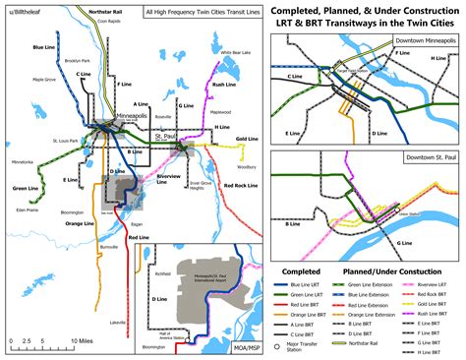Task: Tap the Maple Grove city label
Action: (x=44, y=80)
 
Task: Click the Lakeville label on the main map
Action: (x=118, y=295)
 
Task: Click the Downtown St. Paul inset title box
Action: (x=420, y=156)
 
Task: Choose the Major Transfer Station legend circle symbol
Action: (x=281, y=345)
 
